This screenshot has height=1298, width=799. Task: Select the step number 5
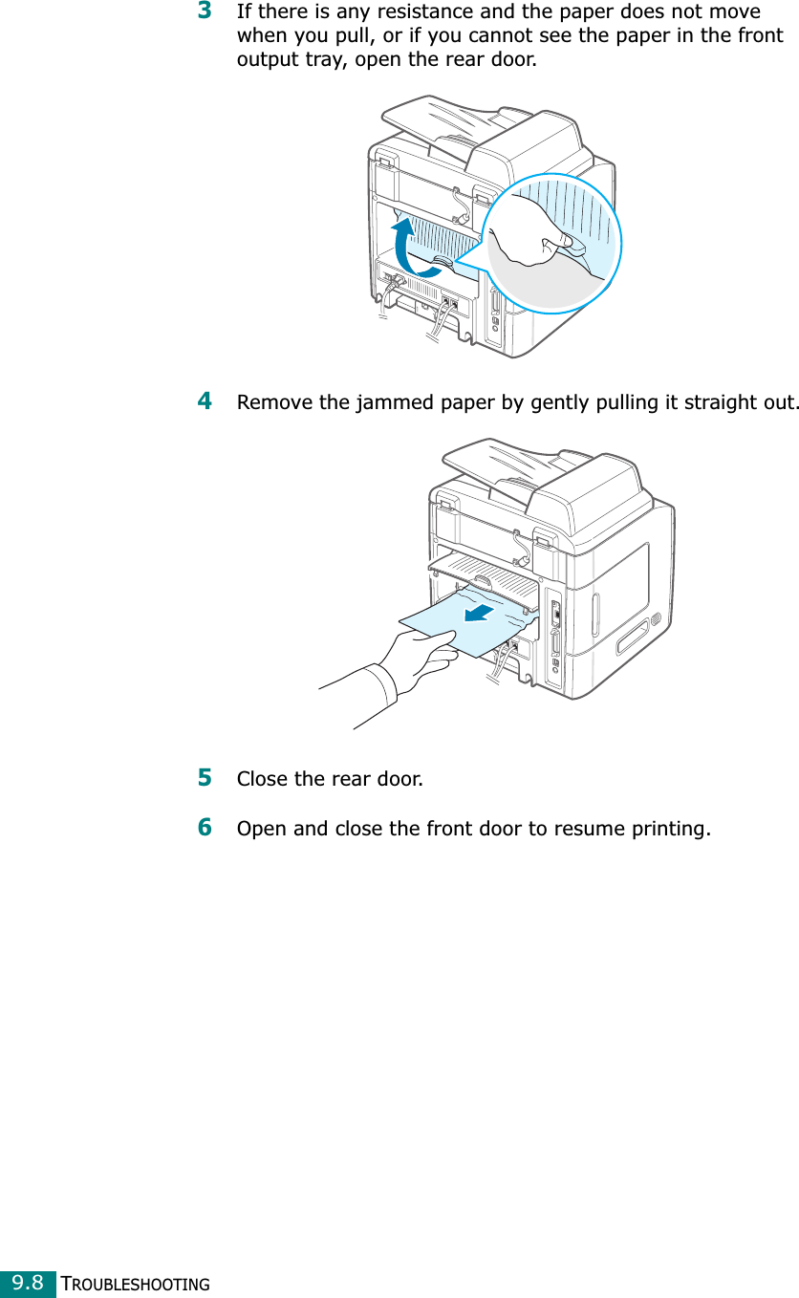point(205,777)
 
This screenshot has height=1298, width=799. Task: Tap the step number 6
point(205,827)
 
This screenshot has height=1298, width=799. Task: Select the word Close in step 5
point(262,779)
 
